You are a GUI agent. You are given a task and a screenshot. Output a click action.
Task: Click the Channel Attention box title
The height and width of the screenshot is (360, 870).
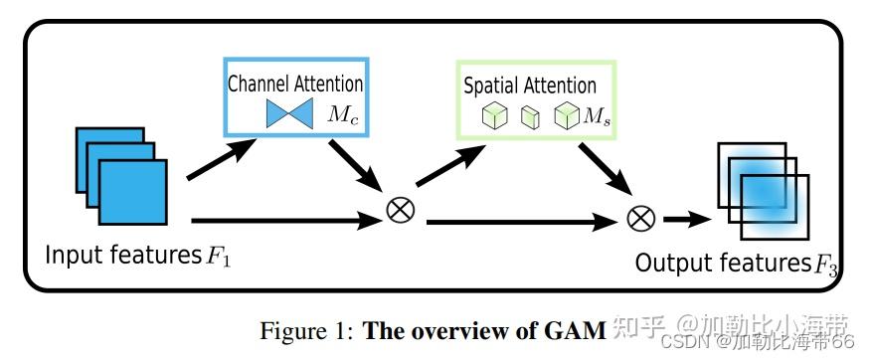click(295, 85)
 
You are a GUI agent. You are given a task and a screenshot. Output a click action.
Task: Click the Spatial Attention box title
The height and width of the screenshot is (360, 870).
click(530, 87)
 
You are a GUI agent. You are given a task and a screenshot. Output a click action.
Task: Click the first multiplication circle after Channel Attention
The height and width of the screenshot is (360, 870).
click(400, 210)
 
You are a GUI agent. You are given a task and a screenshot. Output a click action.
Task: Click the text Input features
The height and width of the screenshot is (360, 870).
click(121, 256)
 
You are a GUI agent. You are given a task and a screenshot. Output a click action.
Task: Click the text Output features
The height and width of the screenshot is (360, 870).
click(722, 264)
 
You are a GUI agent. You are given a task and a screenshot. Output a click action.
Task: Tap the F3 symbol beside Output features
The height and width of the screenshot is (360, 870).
click(826, 266)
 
